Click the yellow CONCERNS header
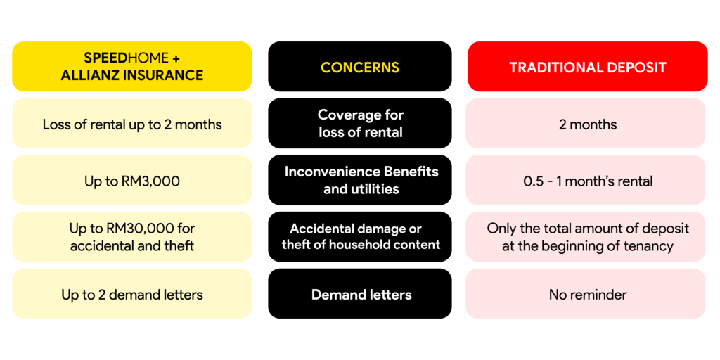pyautogui.click(x=360, y=67)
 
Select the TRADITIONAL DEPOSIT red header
pyautogui.click(x=588, y=67)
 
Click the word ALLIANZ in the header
pyautogui.click(x=89, y=75)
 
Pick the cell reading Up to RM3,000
pyautogui.click(x=131, y=180)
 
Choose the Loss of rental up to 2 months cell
pyautogui.click(x=131, y=124)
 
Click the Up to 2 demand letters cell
pyautogui.click(x=131, y=294)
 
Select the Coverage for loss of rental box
pyautogui.click(x=360, y=124)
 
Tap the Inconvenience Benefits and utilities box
pyautogui.click(x=360, y=180)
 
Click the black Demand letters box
pyautogui.click(x=360, y=294)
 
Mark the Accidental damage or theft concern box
pyautogui.click(x=360, y=237)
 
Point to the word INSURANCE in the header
pyautogui.click(x=162, y=75)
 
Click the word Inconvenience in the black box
pyautogui.click(x=328, y=172)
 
